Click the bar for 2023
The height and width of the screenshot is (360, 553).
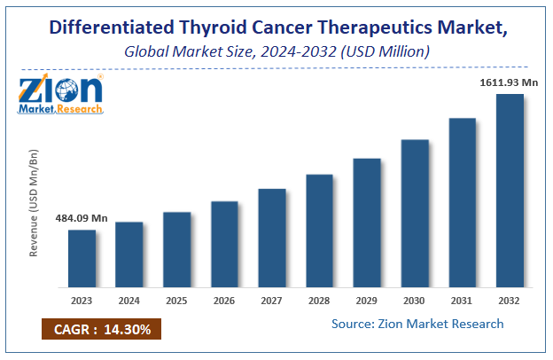tap(82, 258)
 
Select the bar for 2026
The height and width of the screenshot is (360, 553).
tap(224, 244)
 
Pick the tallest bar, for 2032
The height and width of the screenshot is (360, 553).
tap(510, 191)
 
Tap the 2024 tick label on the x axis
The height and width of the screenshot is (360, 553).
tap(129, 301)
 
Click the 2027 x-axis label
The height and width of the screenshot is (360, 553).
tap(272, 301)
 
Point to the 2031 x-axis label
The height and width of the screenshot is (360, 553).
tap(462, 301)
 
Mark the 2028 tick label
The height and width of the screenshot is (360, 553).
tap(319, 301)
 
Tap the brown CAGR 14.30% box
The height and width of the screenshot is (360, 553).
tap(99, 330)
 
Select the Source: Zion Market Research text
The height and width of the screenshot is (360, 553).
tap(417, 324)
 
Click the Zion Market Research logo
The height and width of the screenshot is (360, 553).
tap(60, 96)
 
